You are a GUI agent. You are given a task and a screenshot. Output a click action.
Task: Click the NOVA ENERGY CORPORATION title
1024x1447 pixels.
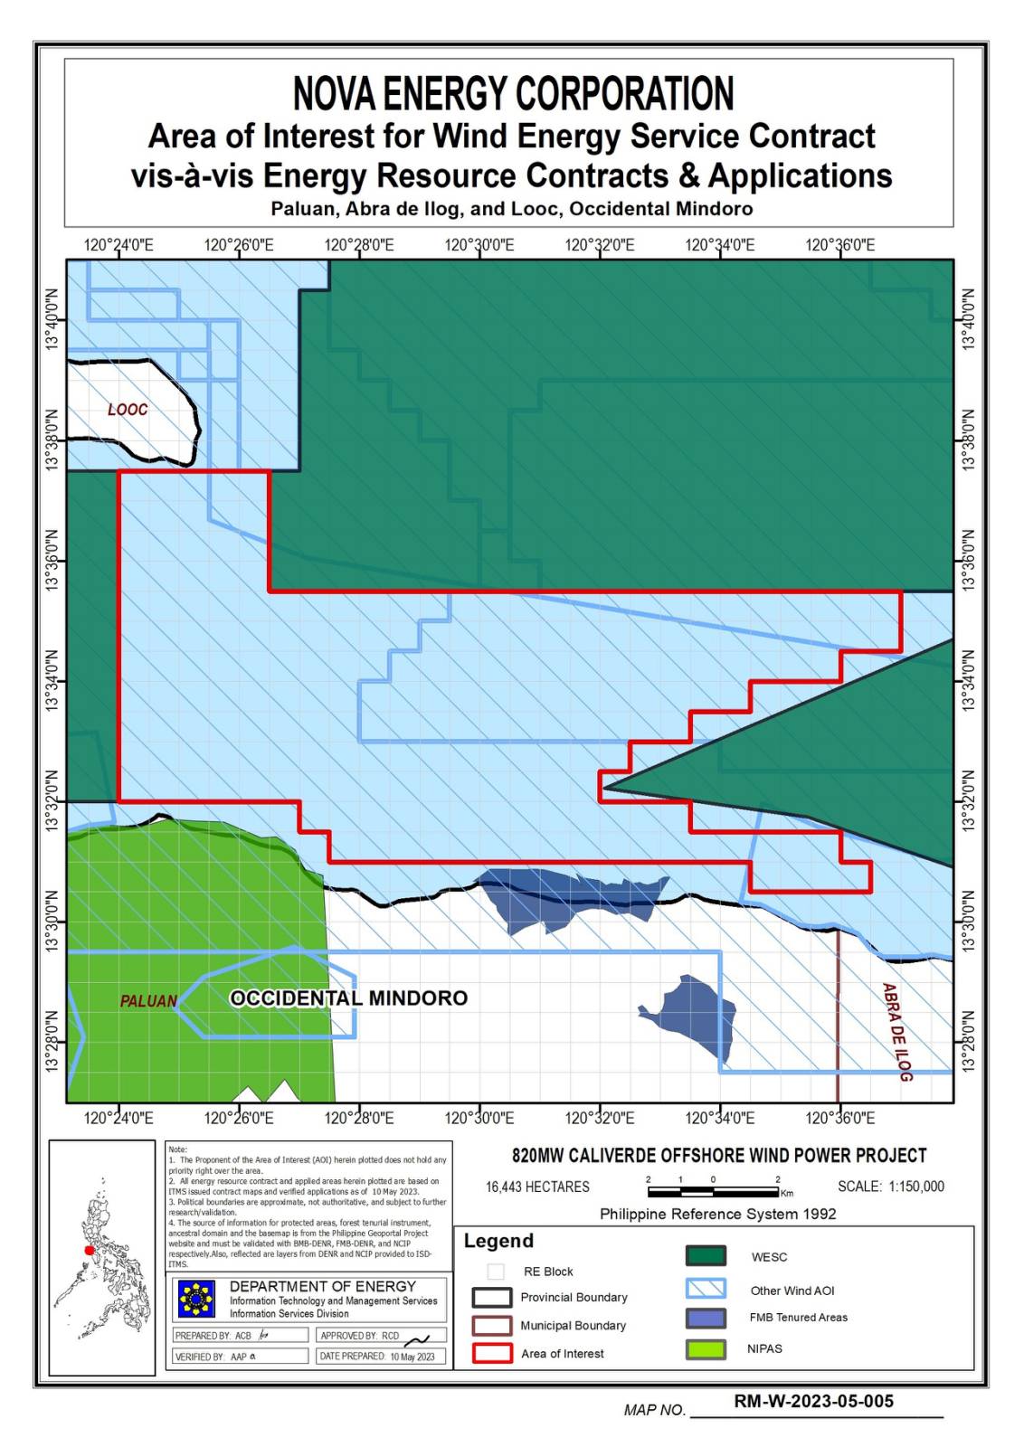click(x=513, y=94)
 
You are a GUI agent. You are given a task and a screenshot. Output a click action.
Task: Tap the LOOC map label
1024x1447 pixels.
click(x=128, y=410)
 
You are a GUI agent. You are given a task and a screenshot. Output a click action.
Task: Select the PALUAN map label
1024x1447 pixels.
click(x=148, y=1001)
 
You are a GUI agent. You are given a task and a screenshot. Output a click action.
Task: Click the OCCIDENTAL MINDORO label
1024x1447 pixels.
click(x=348, y=998)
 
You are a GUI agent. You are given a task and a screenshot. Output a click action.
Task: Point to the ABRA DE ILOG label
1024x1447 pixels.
click(x=896, y=1031)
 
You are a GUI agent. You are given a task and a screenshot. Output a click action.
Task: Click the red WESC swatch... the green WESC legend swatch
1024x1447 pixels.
click(x=706, y=1256)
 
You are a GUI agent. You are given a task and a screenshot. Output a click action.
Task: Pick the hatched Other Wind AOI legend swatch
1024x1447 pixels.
click(x=706, y=1289)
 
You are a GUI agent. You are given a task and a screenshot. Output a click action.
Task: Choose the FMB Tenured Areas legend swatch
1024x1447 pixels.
click(x=706, y=1318)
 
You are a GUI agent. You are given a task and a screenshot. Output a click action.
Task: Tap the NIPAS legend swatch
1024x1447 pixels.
click(x=706, y=1348)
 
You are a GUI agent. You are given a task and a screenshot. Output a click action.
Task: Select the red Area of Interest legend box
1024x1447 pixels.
click(x=492, y=1353)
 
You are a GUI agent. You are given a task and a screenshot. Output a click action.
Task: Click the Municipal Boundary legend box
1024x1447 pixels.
click(x=492, y=1325)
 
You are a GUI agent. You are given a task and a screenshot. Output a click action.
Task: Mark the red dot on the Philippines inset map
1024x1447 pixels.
click(x=90, y=1251)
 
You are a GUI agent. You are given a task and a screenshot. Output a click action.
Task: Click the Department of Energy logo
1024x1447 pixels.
click(x=196, y=1299)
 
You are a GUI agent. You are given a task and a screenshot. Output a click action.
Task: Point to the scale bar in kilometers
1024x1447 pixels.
click(x=713, y=1191)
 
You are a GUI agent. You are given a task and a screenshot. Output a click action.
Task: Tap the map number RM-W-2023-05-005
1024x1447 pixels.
click(x=813, y=1401)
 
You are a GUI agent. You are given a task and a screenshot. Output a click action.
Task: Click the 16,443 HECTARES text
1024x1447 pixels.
click(x=537, y=1187)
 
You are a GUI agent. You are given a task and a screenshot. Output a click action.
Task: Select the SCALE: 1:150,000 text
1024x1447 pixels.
click(x=890, y=1187)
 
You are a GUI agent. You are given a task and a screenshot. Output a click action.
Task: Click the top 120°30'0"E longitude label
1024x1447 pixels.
click(x=479, y=245)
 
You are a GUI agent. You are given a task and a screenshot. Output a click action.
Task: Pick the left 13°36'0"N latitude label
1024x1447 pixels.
click(x=52, y=561)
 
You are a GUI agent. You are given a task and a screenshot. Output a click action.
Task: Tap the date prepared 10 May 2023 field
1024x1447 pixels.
click(x=381, y=1357)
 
